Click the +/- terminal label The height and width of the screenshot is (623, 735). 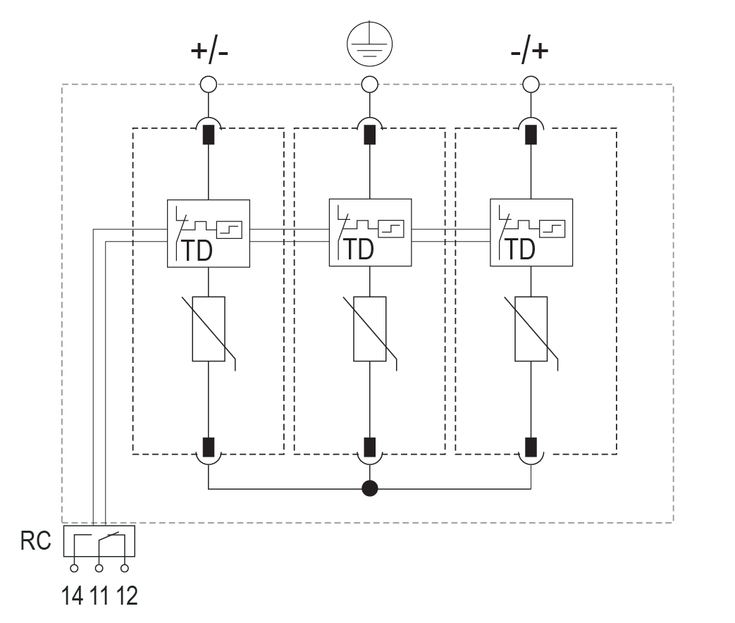(209, 53)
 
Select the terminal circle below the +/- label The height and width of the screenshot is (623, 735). (209, 85)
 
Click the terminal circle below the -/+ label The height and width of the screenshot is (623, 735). (531, 85)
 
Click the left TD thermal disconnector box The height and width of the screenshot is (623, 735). (209, 233)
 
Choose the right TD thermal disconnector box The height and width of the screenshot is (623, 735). (531, 233)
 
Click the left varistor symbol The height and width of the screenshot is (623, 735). (209, 329)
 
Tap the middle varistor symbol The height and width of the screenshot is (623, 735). (369, 329)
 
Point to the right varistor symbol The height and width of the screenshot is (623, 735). (531, 329)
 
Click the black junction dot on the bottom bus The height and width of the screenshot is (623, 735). (369, 488)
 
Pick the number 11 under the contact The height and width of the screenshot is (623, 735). (99, 597)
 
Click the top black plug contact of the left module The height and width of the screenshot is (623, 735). (209, 134)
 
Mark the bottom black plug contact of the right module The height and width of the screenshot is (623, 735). (531, 448)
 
